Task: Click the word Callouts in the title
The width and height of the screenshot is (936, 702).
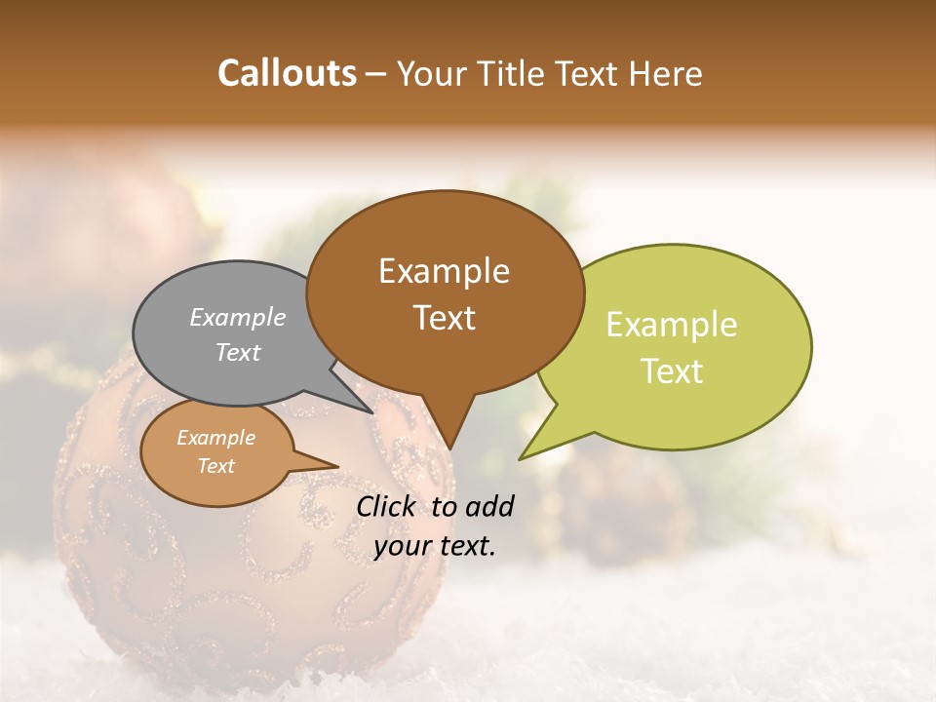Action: (287, 73)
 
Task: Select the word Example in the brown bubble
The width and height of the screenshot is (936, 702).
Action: (444, 271)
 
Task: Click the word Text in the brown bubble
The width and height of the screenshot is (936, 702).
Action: (444, 317)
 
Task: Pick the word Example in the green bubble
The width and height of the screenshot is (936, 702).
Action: (672, 325)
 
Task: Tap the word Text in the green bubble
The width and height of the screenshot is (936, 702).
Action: (672, 370)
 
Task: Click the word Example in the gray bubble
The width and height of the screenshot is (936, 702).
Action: (238, 317)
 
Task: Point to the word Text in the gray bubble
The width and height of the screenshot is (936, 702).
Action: (238, 352)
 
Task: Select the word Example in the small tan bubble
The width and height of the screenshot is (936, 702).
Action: (215, 438)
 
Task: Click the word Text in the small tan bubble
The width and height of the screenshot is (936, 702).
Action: (215, 466)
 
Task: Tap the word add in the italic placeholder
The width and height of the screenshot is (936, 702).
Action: (489, 506)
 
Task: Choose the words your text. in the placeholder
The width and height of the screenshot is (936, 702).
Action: (435, 546)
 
